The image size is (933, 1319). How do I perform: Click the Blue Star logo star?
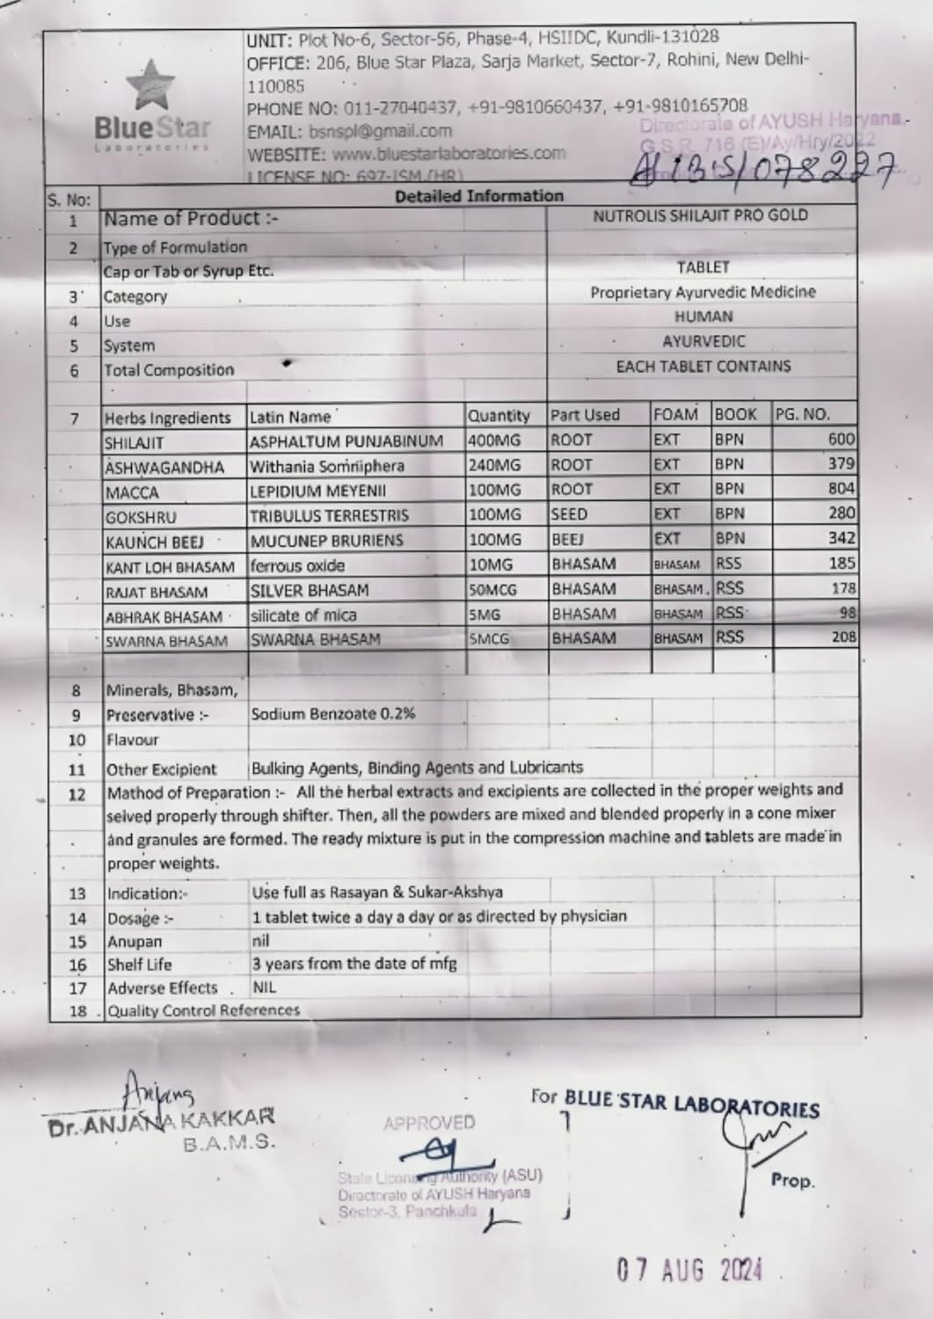tap(150, 85)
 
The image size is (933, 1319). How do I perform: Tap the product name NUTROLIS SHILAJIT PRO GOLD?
tap(700, 215)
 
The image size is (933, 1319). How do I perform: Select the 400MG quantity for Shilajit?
tap(494, 441)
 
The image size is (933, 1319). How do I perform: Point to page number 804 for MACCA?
tap(842, 489)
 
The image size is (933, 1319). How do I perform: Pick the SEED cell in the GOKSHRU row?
tap(569, 514)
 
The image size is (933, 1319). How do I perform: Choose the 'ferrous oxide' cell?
tap(297, 566)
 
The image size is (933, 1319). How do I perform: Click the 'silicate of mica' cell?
tap(303, 616)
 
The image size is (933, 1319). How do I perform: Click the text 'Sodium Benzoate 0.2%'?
tap(332, 714)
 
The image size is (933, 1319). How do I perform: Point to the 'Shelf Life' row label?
tap(138, 965)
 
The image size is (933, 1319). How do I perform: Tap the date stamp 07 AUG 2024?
tap(689, 1270)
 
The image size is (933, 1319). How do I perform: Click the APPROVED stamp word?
tap(429, 1123)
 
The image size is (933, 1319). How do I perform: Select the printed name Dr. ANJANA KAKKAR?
tap(162, 1119)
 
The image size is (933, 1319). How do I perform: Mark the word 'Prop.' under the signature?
tap(792, 1180)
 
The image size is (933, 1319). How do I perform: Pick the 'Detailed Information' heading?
tap(478, 195)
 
